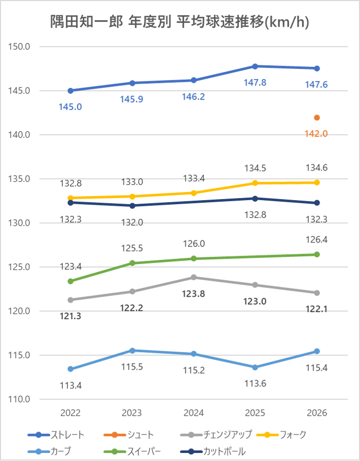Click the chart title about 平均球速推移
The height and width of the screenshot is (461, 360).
click(180, 22)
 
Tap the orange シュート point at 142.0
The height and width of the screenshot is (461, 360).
click(317, 117)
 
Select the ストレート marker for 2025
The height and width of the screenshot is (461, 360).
click(255, 66)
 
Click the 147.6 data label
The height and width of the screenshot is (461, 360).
click(317, 85)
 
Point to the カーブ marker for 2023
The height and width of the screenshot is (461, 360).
click(132, 351)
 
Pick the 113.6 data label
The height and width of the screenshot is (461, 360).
click(255, 384)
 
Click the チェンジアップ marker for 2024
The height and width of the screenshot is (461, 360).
click(194, 277)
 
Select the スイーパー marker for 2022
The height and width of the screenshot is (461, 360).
click(70, 281)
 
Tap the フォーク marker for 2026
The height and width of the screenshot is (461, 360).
click(317, 183)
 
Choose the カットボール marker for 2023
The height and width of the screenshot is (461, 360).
click(132, 206)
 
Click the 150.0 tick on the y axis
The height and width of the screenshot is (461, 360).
click(19, 46)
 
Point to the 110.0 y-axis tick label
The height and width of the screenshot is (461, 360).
click(19, 399)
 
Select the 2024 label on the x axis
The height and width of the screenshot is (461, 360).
click(194, 413)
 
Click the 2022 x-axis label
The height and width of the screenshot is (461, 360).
click(70, 413)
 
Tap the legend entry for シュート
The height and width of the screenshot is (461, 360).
click(129, 435)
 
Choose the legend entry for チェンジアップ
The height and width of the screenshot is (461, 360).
click(216, 435)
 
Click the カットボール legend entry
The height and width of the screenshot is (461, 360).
click(212, 451)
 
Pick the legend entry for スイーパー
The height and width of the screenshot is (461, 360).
click(132, 451)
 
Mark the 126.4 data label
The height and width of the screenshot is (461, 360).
click(317, 239)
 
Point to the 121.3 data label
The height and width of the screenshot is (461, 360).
click(70, 317)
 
